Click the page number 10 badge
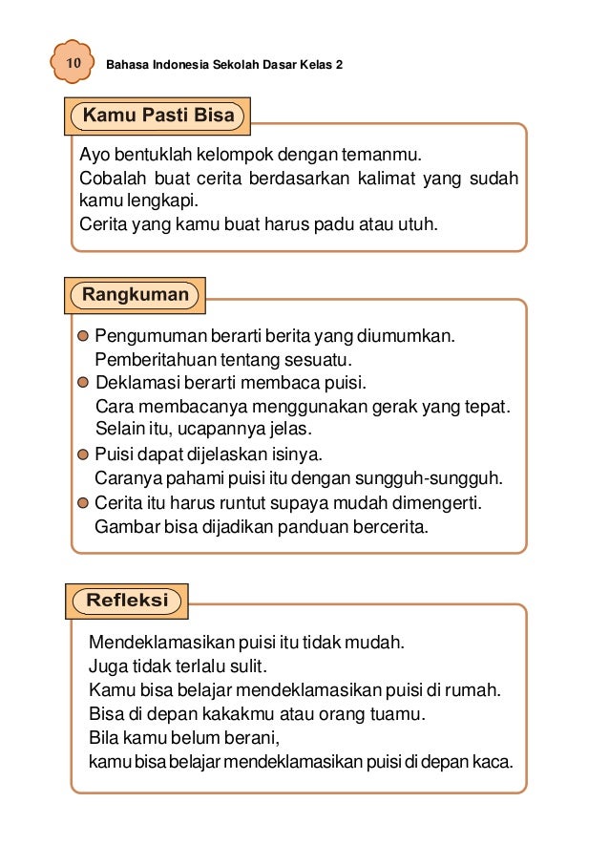72,64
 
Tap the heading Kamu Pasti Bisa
158,116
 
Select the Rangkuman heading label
135,294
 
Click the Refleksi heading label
127,601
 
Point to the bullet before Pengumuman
83,336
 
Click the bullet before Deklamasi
83,384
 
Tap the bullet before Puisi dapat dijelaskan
83,454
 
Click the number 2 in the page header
339,65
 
